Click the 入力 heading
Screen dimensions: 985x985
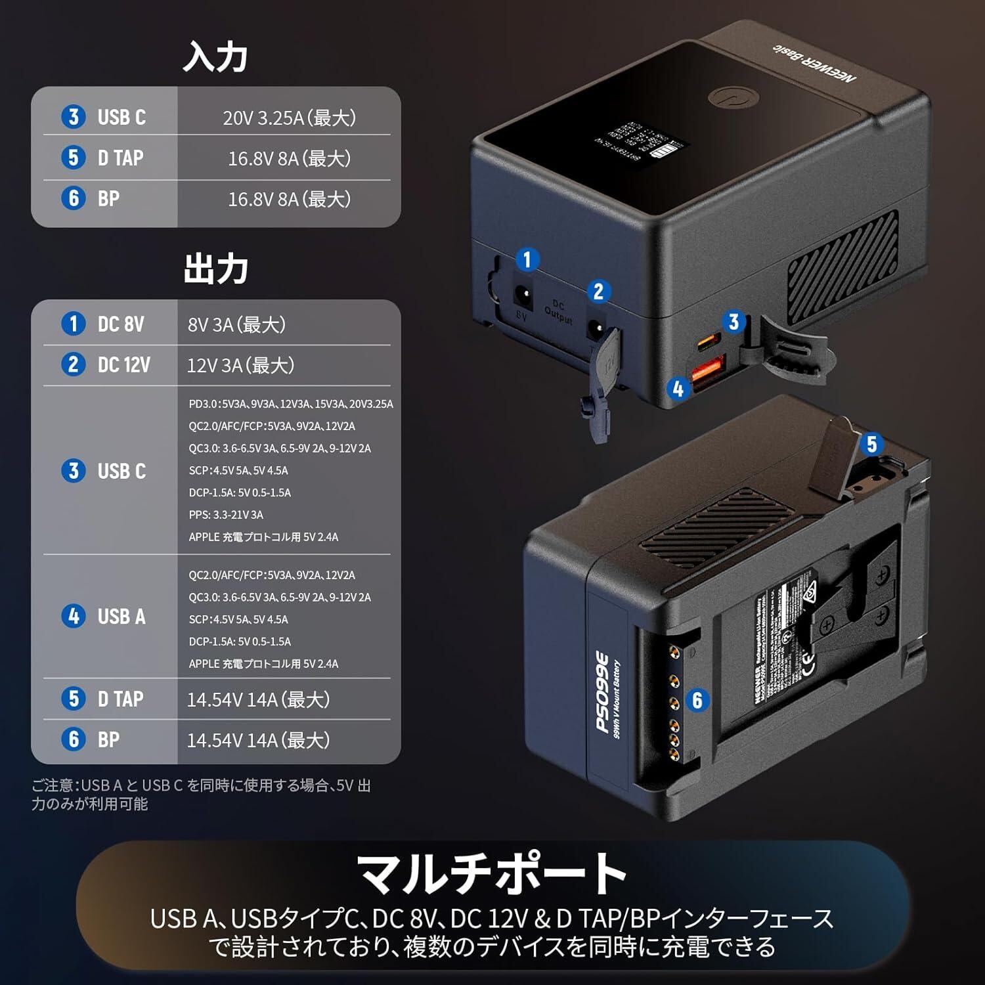[215, 56]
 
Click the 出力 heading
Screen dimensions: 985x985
[215, 269]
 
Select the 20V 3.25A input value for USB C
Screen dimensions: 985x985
[289, 118]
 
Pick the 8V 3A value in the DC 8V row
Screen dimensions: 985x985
[236, 324]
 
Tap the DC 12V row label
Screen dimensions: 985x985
[123, 365]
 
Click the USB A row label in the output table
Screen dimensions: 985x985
[121, 617]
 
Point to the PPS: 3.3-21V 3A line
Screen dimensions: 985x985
[226, 515]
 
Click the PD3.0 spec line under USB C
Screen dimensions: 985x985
[291, 404]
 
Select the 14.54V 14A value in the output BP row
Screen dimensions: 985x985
[258, 740]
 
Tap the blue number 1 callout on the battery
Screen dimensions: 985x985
[527, 260]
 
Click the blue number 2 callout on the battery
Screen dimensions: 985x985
[598, 292]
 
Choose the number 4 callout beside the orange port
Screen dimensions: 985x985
[678, 389]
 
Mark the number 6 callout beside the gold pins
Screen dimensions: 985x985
[697, 700]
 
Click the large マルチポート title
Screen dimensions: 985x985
[492, 873]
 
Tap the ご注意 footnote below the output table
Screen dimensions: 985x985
[201, 795]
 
